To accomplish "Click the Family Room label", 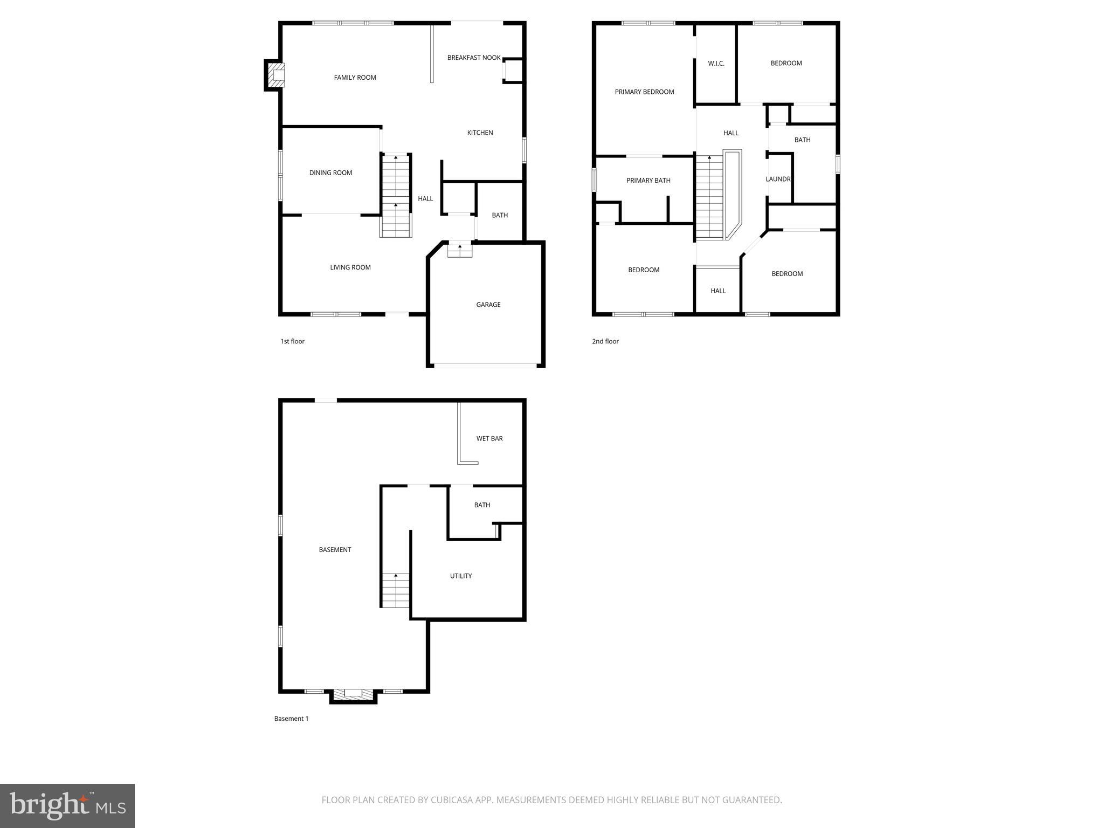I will [x=355, y=78].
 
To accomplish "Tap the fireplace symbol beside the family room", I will [x=277, y=75].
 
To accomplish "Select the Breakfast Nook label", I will [x=474, y=58].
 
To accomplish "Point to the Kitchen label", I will [x=480, y=133].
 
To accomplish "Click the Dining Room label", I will [x=330, y=173].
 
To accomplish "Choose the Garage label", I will [x=488, y=305].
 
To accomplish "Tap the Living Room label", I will [x=350, y=267].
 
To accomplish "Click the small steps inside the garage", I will [x=460, y=250].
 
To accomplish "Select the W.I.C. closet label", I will [x=716, y=64].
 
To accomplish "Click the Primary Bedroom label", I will [x=644, y=92].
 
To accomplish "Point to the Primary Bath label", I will [x=648, y=181].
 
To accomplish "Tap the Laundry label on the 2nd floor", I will [x=778, y=179].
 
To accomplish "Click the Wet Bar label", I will [x=489, y=439].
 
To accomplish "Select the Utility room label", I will [x=461, y=576].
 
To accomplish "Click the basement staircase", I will [x=396, y=590].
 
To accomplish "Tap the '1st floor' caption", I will [x=292, y=341].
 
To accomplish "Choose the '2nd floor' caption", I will [x=605, y=341].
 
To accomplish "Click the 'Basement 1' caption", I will [x=291, y=719].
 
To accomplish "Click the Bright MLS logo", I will [x=67, y=805].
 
